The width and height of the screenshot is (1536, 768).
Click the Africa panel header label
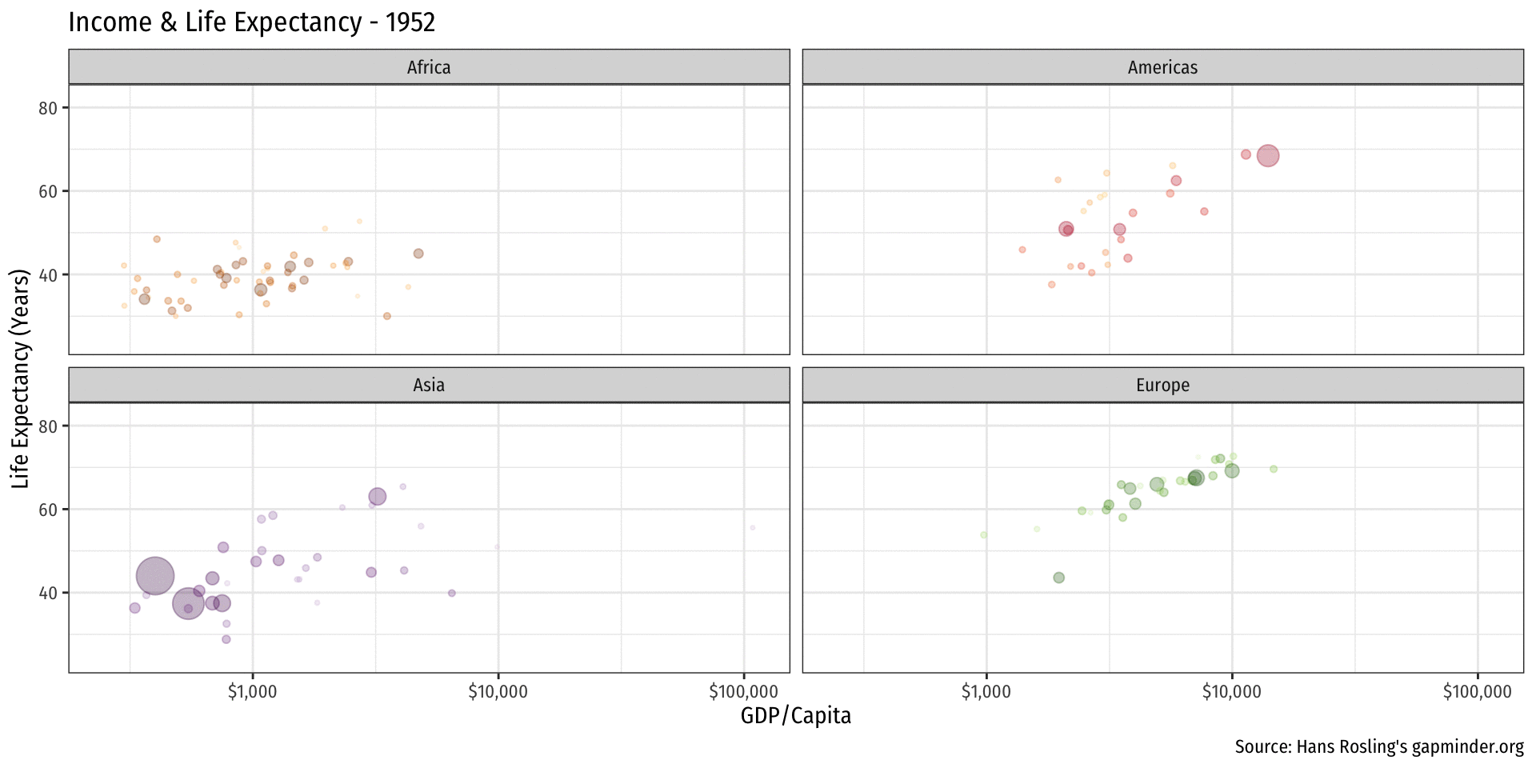[x=429, y=67]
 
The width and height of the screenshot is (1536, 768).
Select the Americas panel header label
[x=1162, y=67]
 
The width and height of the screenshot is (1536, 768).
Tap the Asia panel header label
[x=429, y=385]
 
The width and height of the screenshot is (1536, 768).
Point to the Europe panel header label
[x=1162, y=385]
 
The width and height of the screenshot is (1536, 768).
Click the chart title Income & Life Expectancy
[x=251, y=22]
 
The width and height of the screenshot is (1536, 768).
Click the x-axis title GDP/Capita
[x=795, y=715]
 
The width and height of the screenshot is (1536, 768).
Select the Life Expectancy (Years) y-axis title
[x=20, y=378]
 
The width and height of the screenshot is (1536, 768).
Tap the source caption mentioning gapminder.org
[x=1378, y=746]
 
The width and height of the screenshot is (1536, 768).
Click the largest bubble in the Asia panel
[x=154, y=576]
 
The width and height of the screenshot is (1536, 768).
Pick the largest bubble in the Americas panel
[x=1268, y=156]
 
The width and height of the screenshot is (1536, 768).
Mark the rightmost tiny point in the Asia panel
[x=753, y=528]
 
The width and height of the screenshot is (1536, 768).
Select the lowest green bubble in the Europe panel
[x=1059, y=578]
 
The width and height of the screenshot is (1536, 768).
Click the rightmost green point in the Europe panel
[x=1274, y=469]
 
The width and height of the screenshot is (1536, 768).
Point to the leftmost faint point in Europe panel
[x=983, y=535]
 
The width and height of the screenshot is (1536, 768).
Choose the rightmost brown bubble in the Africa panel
[x=418, y=254]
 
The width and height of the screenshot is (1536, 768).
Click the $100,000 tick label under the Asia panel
[x=743, y=692]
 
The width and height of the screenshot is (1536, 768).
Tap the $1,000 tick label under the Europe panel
[x=986, y=692]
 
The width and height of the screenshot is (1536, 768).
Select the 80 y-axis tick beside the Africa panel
[x=48, y=108]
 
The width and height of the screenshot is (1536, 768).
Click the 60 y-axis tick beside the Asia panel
[x=48, y=510]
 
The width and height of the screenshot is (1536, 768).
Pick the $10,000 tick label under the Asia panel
[x=498, y=692]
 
